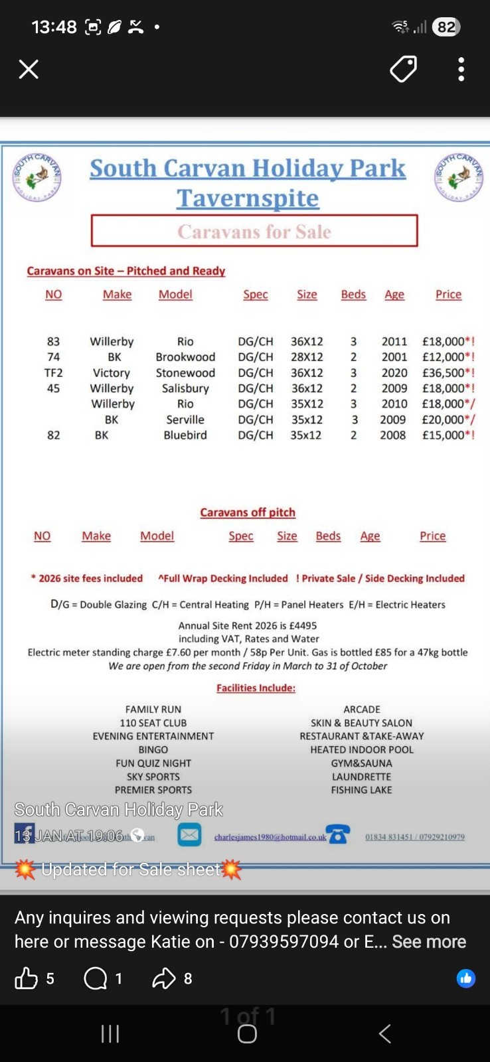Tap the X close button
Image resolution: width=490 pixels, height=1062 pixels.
29,69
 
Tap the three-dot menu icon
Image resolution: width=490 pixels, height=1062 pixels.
461,69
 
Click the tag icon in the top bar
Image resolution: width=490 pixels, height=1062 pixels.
403,69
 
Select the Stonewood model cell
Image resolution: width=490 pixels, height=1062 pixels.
185,373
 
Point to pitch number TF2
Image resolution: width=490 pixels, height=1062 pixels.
53,373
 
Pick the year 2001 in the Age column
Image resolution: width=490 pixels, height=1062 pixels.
394,357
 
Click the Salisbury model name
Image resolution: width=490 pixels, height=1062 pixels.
185,388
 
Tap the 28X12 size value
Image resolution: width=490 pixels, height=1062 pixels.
307,357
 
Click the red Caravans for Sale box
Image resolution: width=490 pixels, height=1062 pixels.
254,231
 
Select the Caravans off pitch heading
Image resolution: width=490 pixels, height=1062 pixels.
248,512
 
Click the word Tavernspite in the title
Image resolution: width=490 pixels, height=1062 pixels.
248,198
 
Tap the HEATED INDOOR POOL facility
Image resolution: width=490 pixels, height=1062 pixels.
362,749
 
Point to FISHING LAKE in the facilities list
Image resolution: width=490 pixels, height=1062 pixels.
362,790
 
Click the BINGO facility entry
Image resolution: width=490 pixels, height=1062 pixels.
153,749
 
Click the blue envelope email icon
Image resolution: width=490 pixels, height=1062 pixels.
189,834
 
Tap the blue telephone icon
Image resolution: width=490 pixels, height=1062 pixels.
339,834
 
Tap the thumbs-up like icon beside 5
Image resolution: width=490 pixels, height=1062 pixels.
27,978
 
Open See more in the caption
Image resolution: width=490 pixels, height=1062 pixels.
429,942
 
